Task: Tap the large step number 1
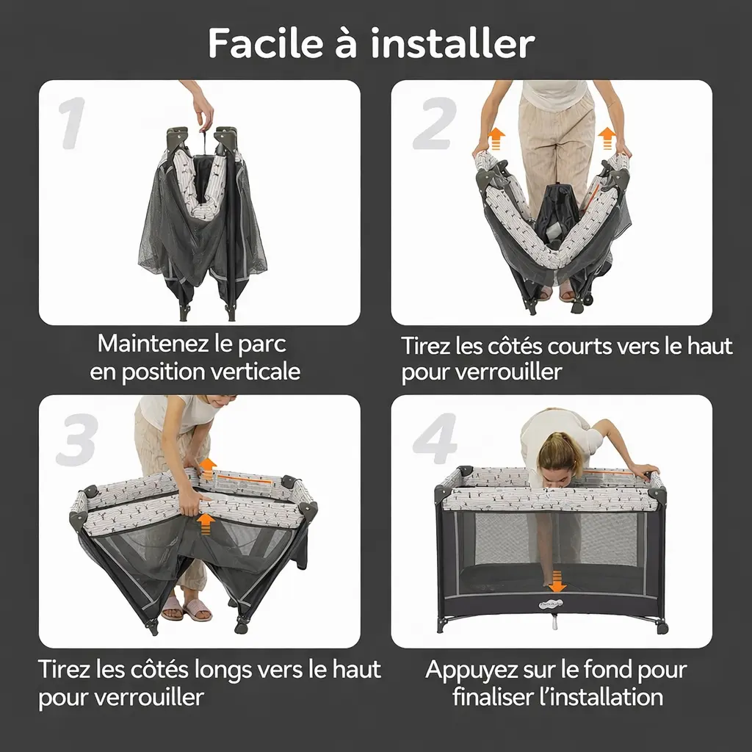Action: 73,123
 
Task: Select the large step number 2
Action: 434,123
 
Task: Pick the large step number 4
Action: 435,438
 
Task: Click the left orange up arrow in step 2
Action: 496,140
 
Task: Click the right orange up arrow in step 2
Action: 607,139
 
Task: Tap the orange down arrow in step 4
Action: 557,582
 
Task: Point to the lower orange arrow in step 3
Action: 206,524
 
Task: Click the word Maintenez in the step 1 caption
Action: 153,344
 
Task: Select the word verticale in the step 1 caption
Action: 256,372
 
